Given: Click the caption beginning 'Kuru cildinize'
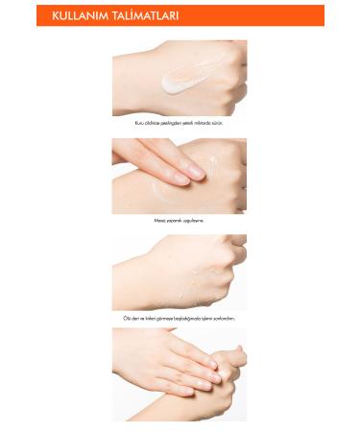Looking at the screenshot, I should pyautogui.click(x=179, y=123).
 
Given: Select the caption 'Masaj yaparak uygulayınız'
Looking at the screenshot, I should pyautogui.click(x=179, y=220).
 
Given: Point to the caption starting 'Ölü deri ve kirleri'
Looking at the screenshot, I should pyautogui.click(x=179, y=318).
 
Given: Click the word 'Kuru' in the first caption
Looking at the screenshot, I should pyautogui.click(x=141, y=123).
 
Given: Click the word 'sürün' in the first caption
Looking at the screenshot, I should pyautogui.click(x=218, y=123).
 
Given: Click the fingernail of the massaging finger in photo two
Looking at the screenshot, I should pyautogui.click(x=195, y=173).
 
